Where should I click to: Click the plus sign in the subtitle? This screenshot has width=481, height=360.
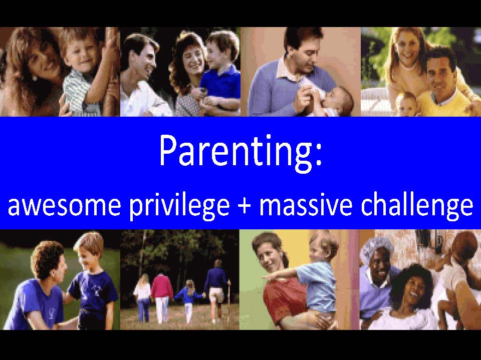point(244,205)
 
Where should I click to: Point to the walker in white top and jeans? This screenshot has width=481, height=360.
point(143,297)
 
